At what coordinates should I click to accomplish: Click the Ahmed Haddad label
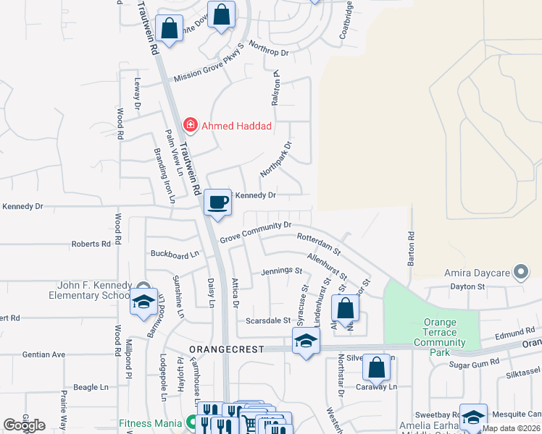[x=236, y=126]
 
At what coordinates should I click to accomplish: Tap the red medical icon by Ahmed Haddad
[x=191, y=126]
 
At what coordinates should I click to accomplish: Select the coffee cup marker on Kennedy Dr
[x=217, y=203]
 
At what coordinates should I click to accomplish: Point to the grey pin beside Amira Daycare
[x=520, y=273]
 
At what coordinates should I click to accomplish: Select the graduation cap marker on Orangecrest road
[x=307, y=341]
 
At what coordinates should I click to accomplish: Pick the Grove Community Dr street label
[x=256, y=231]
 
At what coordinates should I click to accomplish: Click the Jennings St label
[x=281, y=271]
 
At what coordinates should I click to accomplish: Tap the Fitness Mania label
[x=150, y=423]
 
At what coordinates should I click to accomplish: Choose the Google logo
[x=24, y=425]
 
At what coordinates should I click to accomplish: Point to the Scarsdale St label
[x=267, y=320]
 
